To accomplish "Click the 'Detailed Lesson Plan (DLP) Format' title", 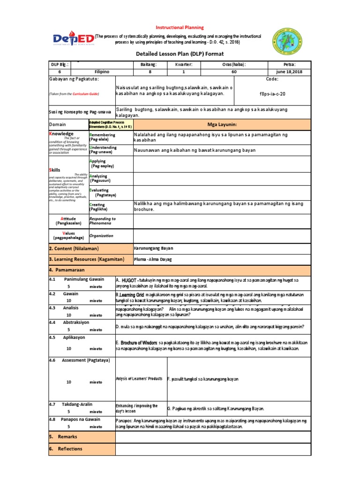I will pyautogui.click(x=180, y=54).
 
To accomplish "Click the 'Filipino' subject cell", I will pyautogui.click(x=102, y=72).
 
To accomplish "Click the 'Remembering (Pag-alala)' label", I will pyautogui.click(x=102, y=137).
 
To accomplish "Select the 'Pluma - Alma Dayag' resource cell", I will pyautogui.click(x=153, y=259).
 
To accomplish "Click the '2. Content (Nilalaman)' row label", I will pyautogui.click(x=75, y=248).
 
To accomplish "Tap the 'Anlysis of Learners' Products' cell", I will pyautogui.click(x=139, y=378).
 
